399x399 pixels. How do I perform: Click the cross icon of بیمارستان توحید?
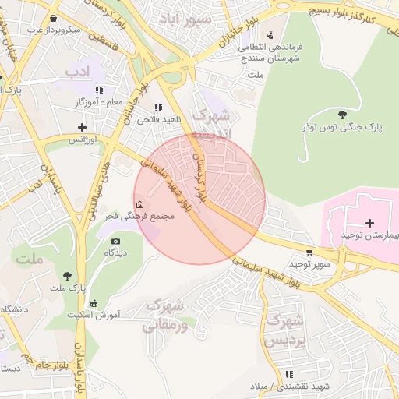pos(369,224)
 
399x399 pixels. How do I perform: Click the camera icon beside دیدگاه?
pos(116,242)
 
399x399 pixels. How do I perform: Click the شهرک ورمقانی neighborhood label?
pos(167,315)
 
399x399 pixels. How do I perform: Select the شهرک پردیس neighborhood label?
pos(282,330)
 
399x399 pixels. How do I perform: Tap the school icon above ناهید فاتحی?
pos(158,108)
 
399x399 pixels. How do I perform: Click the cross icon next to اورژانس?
pos(82,127)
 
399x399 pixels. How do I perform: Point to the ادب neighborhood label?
pos(78,73)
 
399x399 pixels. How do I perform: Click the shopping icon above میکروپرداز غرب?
pos(52,18)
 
